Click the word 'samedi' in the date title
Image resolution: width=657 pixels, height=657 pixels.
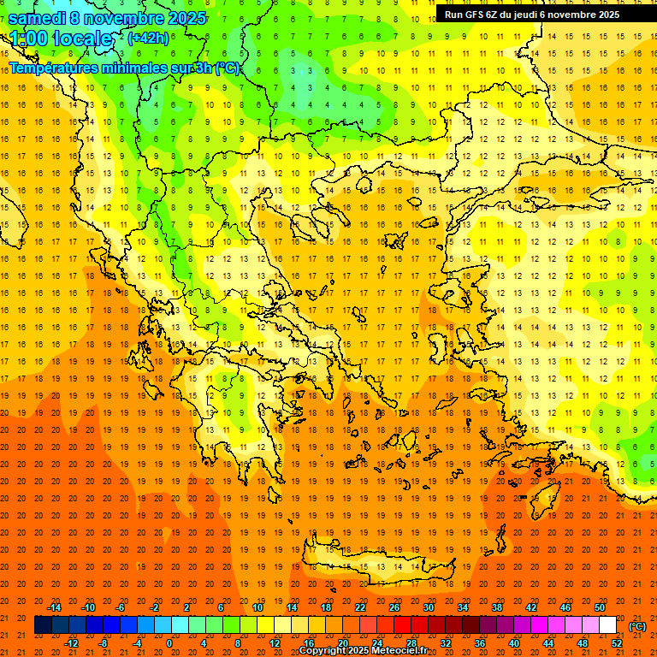38,18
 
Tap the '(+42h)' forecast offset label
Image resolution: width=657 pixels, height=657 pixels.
148,38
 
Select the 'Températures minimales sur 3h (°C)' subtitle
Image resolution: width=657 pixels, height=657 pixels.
124,68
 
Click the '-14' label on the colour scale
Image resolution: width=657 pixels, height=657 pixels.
55,607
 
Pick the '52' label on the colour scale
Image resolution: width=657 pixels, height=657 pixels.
617,643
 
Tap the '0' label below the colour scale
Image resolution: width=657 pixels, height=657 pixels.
169,643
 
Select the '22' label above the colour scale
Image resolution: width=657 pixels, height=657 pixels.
360,607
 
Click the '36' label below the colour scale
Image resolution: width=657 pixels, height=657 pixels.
480,643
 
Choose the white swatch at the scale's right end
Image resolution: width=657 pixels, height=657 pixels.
608,625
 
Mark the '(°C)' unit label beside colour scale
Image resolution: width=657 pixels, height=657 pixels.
637,626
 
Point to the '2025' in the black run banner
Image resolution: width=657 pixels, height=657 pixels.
608,15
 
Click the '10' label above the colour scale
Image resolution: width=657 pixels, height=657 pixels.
257,607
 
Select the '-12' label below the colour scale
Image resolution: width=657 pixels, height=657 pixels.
72,643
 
